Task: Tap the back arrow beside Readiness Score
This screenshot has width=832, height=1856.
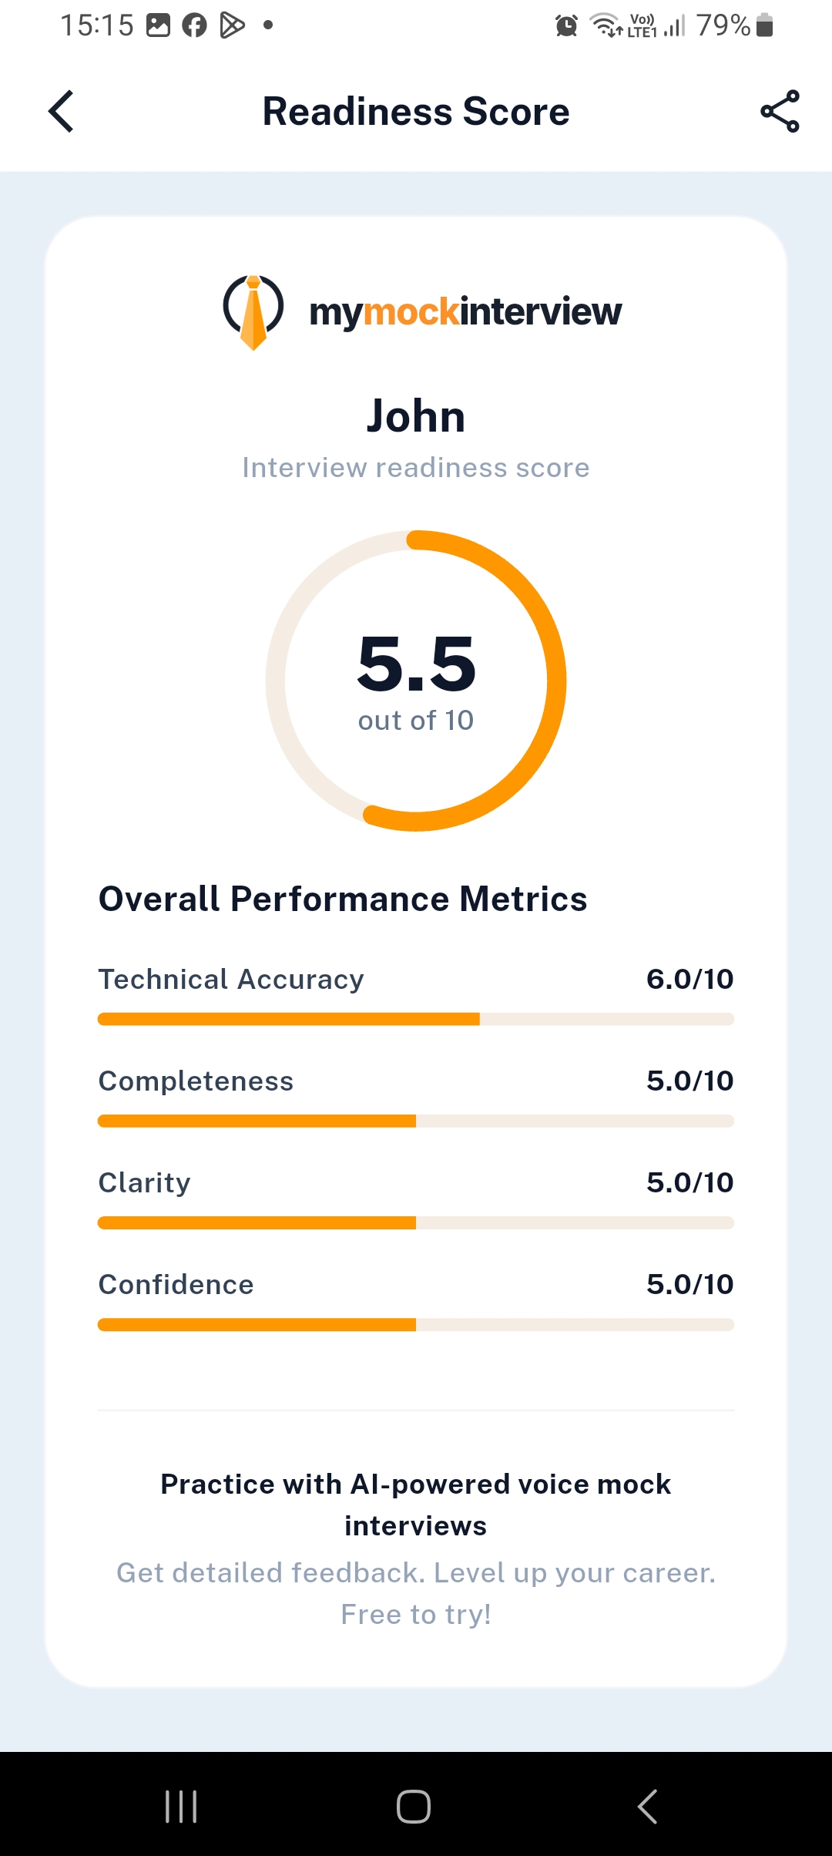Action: pyautogui.click(x=61, y=112)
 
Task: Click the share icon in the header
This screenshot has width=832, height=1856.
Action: pyautogui.click(x=780, y=112)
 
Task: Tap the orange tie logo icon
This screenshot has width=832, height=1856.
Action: pyautogui.click(x=253, y=312)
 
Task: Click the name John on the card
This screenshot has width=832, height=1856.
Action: pyautogui.click(x=416, y=416)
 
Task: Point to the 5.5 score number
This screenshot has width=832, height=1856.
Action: pyautogui.click(x=416, y=664)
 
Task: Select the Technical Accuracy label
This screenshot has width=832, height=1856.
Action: pyautogui.click(x=231, y=980)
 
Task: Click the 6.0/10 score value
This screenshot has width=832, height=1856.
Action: pyautogui.click(x=689, y=980)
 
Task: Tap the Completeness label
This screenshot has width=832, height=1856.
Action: pyautogui.click(x=196, y=1081)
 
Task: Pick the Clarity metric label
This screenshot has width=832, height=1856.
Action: pyautogui.click(x=144, y=1183)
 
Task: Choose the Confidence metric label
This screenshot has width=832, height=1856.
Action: pyautogui.click(x=176, y=1285)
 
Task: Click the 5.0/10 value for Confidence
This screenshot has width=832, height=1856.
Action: pyautogui.click(x=689, y=1285)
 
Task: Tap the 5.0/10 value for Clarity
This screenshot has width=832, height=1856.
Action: pyautogui.click(x=689, y=1183)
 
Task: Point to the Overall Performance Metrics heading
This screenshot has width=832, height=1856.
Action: pyautogui.click(x=343, y=899)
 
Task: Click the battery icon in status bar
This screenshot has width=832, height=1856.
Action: pyautogui.click(x=764, y=25)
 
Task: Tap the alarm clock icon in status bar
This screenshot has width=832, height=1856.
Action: pyautogui.click(x=566, y=25)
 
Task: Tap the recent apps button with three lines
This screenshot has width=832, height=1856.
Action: pyautogui.click(x=181, y=1806)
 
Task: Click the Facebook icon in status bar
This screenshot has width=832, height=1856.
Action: pyautogui.click(x=194, y=25)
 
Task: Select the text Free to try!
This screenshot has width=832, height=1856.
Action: pyautogui.click(x=416, y=1614)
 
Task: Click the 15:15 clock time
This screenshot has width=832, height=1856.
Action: pyautogui.click(x=97, y=25)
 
